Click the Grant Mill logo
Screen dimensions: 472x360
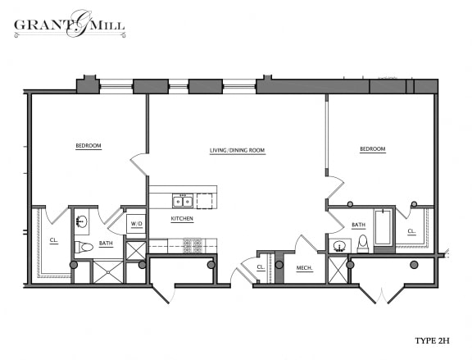70,24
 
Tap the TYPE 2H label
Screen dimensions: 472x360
432,340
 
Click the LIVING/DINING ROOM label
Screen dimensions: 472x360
237,150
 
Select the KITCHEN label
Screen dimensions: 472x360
182,218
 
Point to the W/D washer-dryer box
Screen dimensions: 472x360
136,224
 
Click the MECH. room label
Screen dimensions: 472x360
305,268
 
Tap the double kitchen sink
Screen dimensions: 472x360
183,201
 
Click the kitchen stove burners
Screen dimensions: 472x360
193,245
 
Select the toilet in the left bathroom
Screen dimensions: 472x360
84,248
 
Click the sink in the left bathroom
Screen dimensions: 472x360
82,222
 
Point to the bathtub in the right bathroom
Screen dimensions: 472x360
383,227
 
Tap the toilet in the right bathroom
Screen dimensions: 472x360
363,244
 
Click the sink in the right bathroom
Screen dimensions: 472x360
340,246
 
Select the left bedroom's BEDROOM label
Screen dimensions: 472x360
88,146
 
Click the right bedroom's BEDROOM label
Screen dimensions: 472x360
373,149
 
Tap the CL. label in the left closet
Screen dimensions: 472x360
54,240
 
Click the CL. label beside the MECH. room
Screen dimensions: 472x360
261,267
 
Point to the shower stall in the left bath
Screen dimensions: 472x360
108,272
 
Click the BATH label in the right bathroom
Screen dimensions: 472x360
359,225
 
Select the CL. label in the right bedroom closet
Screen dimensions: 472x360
411,231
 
